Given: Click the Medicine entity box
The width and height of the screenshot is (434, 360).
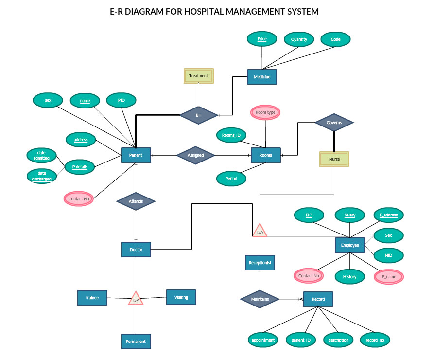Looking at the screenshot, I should pos(262,77).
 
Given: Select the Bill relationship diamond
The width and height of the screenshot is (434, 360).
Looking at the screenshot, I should pos(198,115).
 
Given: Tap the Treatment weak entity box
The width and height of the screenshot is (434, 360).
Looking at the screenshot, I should pos(199,76).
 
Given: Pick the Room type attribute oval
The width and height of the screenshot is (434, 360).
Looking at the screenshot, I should pos(265,112).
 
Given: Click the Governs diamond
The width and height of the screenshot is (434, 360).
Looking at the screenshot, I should pos(334,123).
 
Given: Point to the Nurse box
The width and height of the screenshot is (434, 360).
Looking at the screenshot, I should pos(334,159).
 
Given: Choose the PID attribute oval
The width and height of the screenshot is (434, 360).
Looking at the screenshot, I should pos(121,100).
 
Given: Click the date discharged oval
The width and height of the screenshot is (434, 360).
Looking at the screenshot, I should pos(41,176).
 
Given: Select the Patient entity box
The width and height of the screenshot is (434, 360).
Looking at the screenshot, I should pos(136,155).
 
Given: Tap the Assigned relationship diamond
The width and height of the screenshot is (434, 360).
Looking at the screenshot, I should pos(195,155).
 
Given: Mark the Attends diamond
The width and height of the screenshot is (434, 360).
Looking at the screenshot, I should pos(136,201).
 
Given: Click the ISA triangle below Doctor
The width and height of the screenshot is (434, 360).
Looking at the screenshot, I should pos(136,298).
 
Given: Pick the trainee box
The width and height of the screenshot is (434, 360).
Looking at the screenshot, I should pos(92,298).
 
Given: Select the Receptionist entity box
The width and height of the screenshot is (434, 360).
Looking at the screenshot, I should pos(260,263).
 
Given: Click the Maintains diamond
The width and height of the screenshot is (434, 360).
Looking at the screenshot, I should pos(260,299).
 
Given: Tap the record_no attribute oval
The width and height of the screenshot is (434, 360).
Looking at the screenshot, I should pos(375,340).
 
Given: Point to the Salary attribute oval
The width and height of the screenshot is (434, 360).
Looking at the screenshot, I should pos(350,215).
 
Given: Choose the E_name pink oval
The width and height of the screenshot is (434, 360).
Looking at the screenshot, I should pos(389,276).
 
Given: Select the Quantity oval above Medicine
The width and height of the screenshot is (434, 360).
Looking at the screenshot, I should pos(299,39).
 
